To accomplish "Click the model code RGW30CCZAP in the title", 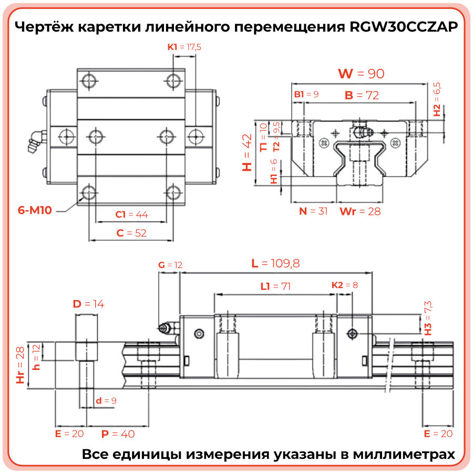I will pos(403,27).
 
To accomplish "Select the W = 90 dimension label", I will pos(361,74).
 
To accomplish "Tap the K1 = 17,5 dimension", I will pos(184,47).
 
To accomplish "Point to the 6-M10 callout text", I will pos(35,211).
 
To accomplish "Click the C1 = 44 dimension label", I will pos(131,214).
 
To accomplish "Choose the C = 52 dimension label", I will pos(131,233).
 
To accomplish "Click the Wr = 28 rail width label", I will pos(360,211).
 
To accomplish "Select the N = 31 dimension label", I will pos(313,211).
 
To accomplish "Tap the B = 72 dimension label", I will pos(362,95).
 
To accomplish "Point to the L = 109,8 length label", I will pos(275,263).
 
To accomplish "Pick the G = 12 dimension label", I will pos(170,265).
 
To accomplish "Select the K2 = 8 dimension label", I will pos(344,285).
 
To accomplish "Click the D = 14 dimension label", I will pos(88,304).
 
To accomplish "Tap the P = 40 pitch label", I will pos(118,434).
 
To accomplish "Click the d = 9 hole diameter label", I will pos(106,401).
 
